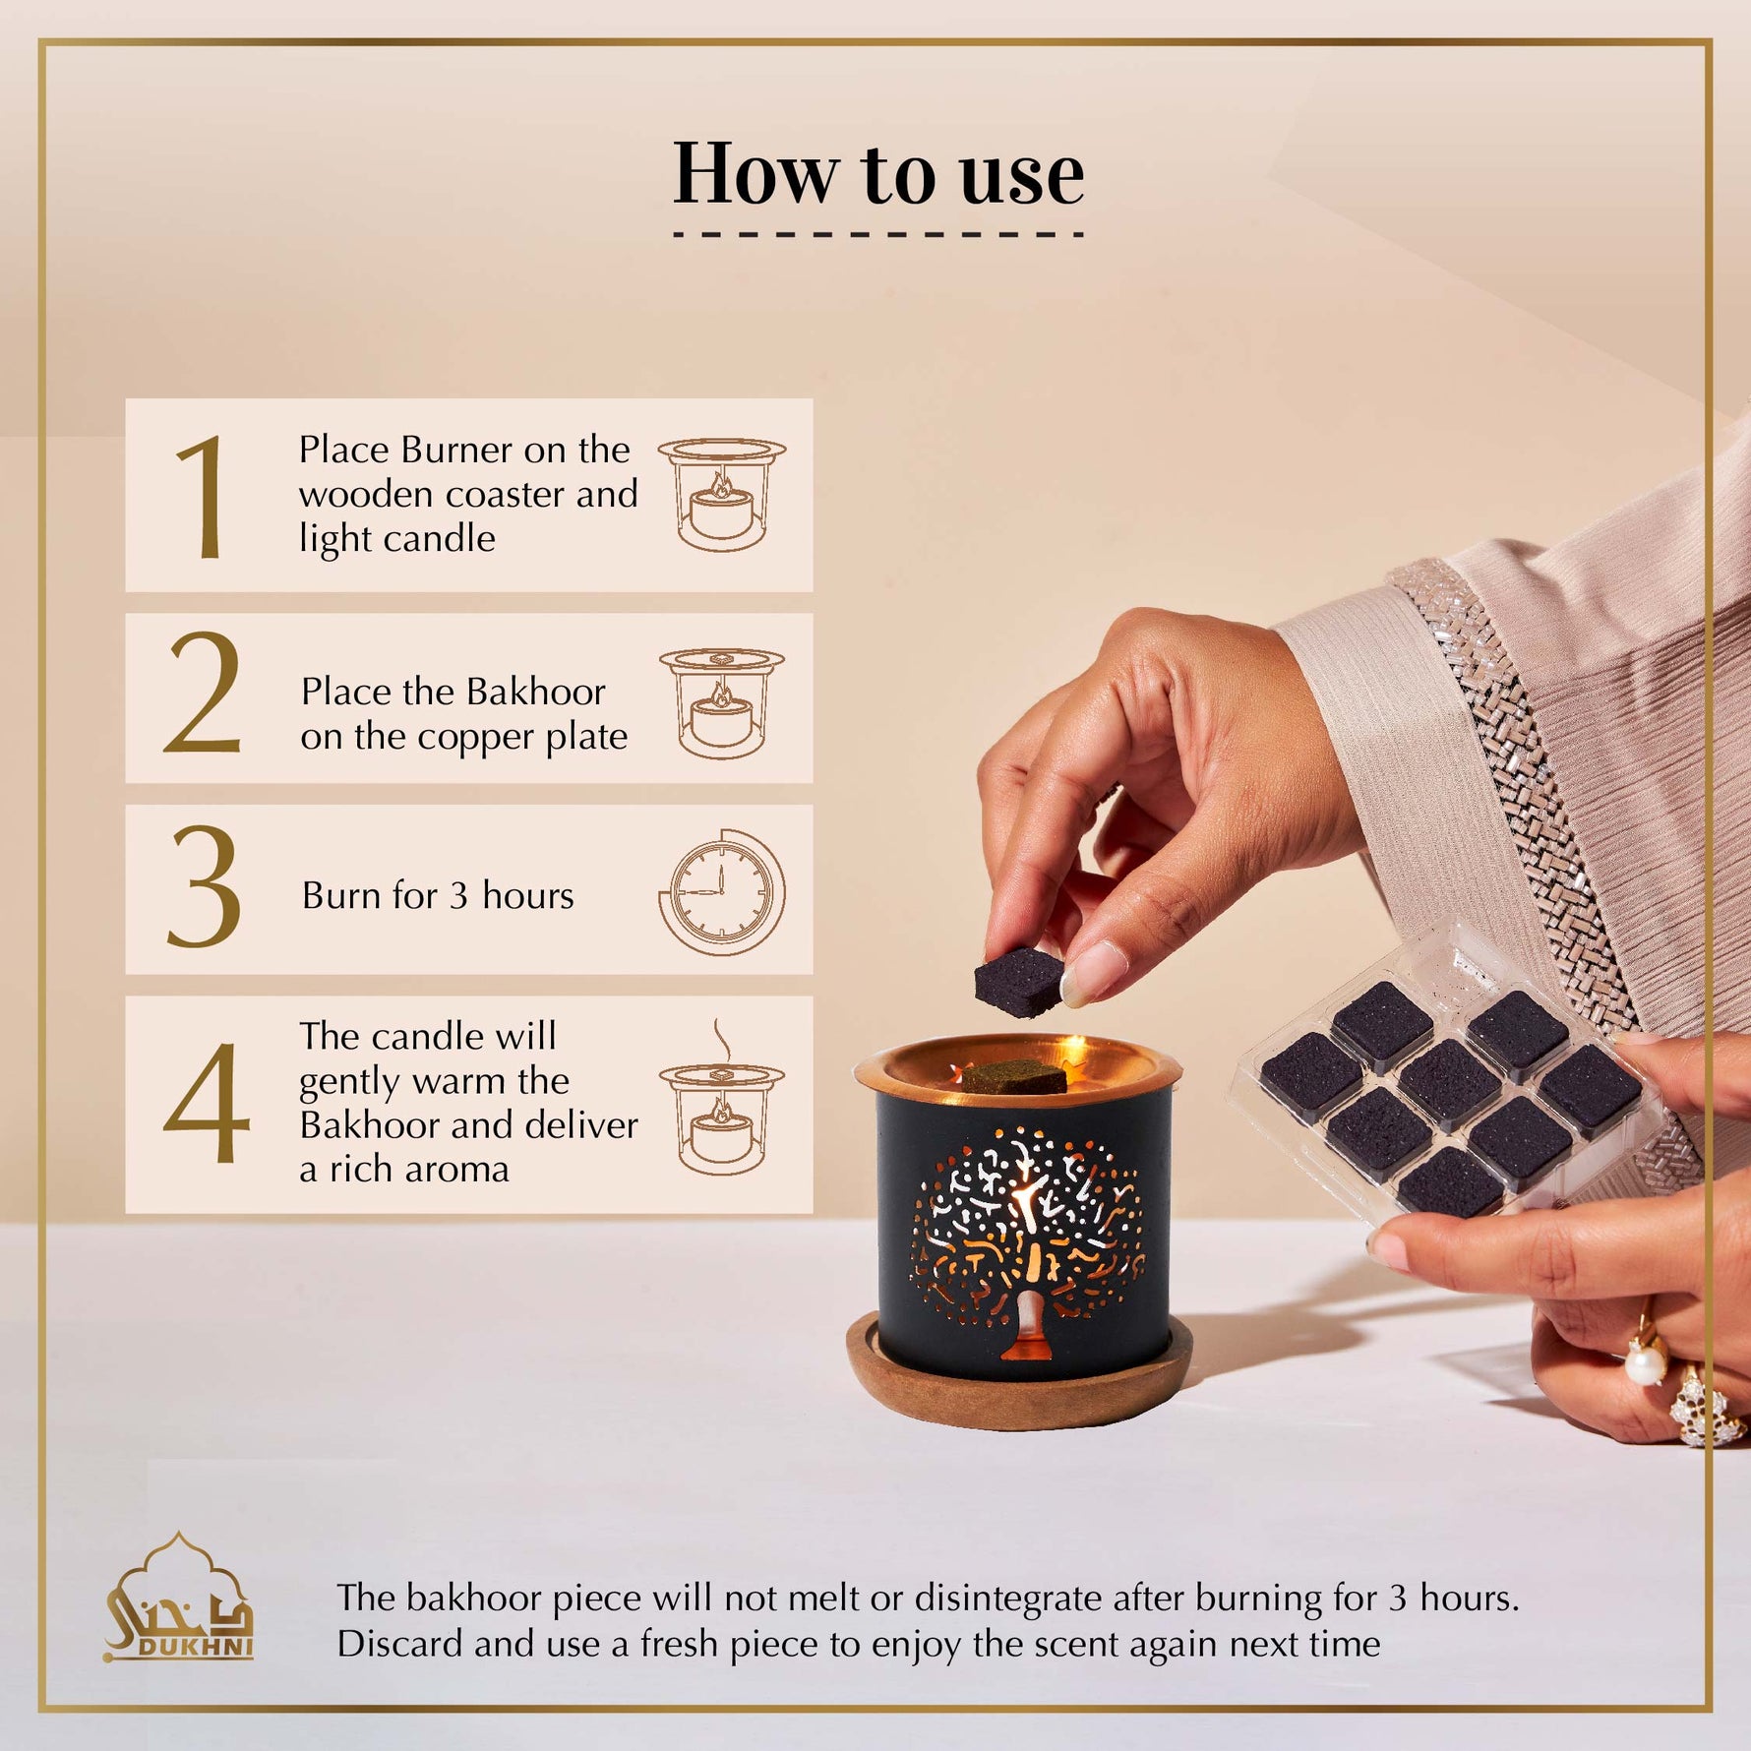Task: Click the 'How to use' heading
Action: [x=877, y=173]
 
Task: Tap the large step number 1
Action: [x=201, y=497]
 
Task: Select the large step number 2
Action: [x=203, y=693]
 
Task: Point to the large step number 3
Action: [x=204, y=886]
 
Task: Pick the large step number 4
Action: [x=206, y=1102]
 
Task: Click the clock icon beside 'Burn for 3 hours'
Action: [x=722, y=892]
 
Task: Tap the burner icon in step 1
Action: [x=722, y=494]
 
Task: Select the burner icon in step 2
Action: [x=722, y=702]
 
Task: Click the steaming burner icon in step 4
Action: [x=722, y=1097]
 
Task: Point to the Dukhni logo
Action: [x=178, y=1598]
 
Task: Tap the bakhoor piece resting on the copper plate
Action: [x=1014, y=1077]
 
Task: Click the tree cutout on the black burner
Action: [x=1026, y=1248]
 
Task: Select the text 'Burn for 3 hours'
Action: [x=438, y=895]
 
